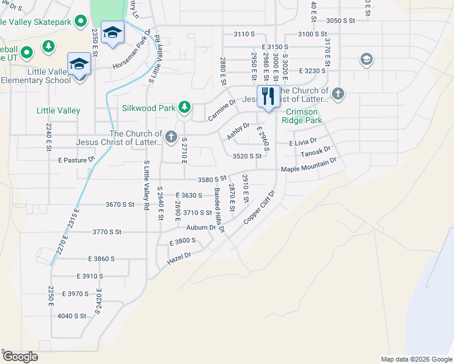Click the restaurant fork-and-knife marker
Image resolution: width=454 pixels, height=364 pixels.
[268, 96]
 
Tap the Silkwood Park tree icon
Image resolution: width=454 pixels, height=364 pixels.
[184, 109]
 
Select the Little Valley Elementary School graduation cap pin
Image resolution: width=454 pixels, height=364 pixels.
[80, 64]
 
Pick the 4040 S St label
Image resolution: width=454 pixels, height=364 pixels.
[72, 316]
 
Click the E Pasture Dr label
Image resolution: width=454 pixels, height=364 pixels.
[76, 160]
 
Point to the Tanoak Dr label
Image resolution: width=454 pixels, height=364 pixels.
[316, 151]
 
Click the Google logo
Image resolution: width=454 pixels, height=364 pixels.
[19, 357]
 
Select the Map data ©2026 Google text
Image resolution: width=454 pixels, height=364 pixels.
[416, 359]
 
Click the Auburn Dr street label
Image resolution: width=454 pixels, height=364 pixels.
[201, 228]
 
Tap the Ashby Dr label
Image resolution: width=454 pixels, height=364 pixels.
[239, 131]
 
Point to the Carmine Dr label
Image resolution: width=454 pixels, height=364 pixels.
[222, 110]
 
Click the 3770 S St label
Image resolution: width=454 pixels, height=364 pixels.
[107, 232]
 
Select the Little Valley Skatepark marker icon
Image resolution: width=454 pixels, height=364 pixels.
[79, 23]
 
